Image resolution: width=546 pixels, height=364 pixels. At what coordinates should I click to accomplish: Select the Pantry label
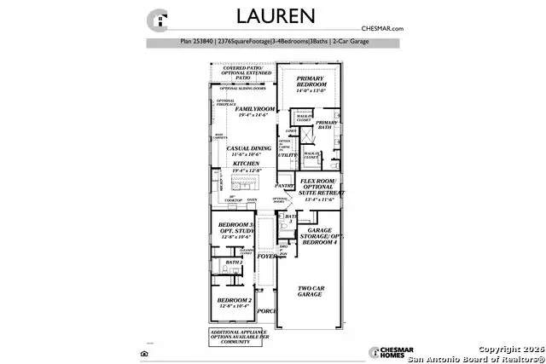click(x=284, y=185)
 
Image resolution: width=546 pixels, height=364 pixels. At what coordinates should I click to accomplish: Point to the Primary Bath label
click(x=327, y=124)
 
